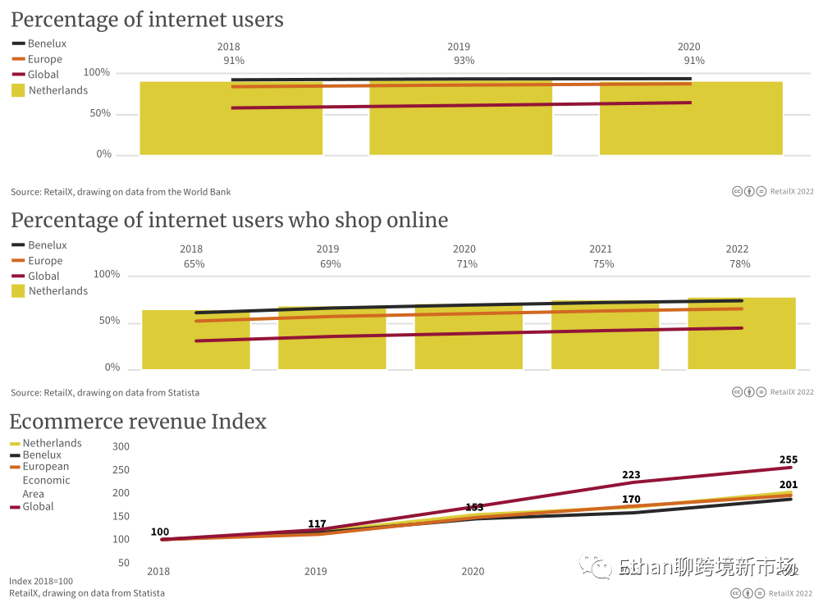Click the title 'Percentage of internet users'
tap(147, 20)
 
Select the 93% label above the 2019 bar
tap(464, 61)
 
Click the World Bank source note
tap(121, 192)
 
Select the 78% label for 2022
tap(739, 264)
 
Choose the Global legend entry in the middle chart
tap(43, 276)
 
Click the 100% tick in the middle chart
tap(107, 274)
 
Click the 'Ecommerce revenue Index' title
tap(138, 422)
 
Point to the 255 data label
tap(788, 460)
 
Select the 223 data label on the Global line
tap(631, 475)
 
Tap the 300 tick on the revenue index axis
tap(121, 447)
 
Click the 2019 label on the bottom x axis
tap(315, 571)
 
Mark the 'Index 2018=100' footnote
tap(41, 581)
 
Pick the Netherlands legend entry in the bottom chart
tap(52, 443)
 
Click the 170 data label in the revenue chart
tap(631, 499)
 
